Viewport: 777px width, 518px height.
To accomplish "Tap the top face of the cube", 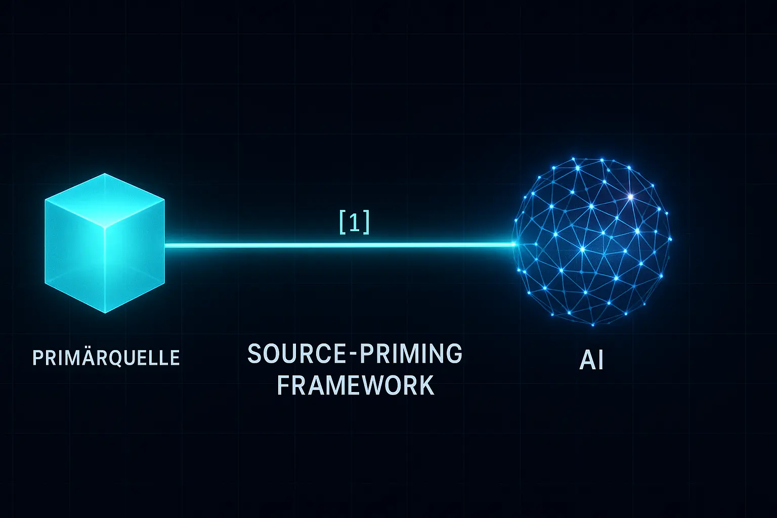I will [105, 200].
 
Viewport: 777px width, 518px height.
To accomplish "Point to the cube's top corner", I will [105, 174].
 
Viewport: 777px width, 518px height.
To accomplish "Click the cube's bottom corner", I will [105, 313].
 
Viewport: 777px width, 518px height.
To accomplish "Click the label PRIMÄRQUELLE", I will [106, 358].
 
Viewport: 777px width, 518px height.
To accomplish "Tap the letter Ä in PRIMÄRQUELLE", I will [87, 357].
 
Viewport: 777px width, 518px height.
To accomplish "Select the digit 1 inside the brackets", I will [355, 223].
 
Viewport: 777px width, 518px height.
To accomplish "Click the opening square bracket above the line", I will [342, 223].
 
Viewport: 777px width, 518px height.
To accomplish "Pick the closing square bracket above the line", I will [367, 223].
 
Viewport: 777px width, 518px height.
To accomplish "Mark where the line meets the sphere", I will [514, 245].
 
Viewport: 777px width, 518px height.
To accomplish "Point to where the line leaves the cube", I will [166, 245].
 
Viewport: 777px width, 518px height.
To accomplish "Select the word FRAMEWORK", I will [356, 385].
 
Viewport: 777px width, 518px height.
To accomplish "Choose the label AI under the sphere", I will [591, 361].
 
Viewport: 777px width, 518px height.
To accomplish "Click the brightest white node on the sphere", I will [630, 196].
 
